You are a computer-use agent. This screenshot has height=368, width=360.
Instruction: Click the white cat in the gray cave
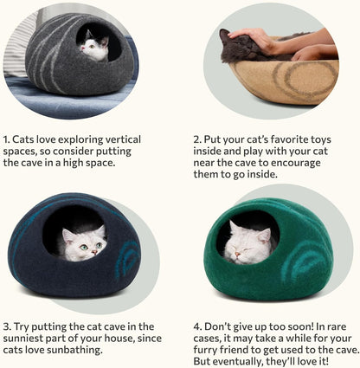pos(93,46)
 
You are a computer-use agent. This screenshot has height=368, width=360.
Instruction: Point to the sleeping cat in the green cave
pos(249,243)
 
